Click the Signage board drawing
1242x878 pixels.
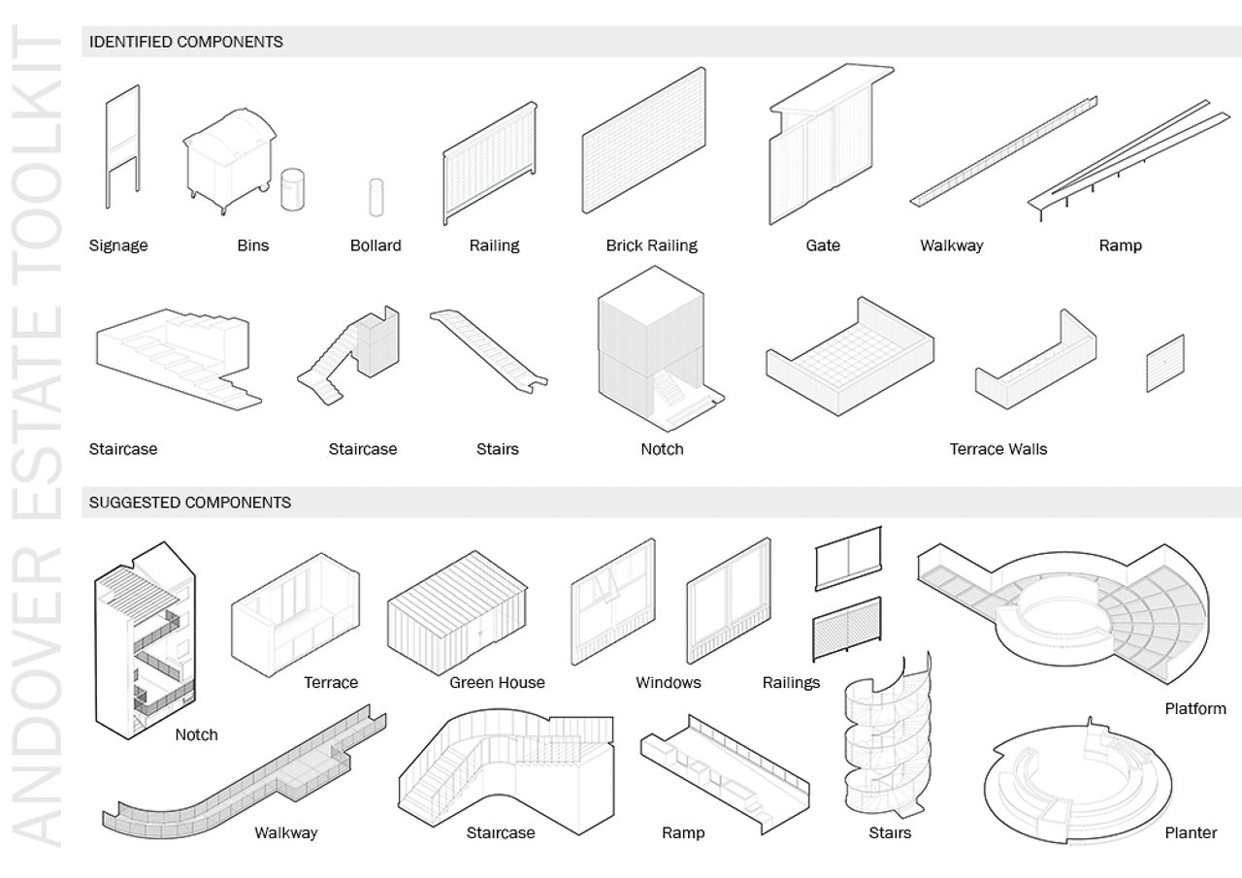coord(122,146)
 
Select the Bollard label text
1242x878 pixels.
coord(376,245)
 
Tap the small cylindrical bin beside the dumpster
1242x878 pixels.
coord(292,189)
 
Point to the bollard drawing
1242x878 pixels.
coord(376,197)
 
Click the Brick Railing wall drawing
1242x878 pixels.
coord(642,141)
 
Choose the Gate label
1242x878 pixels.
coord(823,245)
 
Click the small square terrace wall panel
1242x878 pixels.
coord(1165,364)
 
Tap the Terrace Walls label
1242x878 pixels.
coord(998,449)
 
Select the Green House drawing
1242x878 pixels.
coord(456,611)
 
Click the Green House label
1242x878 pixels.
coord(497,683)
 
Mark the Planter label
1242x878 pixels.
coord(1191,832)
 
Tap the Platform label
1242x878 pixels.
coord(1195,709)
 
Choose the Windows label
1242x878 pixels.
coord(668,683)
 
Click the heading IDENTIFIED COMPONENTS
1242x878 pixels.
coord(186,42)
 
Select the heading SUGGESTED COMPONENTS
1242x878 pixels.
coord(190,503)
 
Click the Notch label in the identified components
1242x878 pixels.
coord(662,449)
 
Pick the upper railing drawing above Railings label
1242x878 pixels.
coord(848,558)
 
